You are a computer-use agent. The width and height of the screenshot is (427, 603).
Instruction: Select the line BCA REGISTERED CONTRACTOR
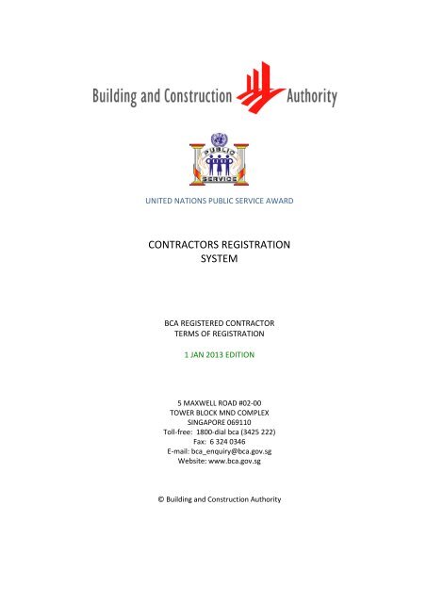tap(213, 324)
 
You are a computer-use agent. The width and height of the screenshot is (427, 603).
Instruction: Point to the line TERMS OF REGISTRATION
tap(213, 336)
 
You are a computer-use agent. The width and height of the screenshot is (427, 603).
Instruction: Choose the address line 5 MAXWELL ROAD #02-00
tap(213, 403)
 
